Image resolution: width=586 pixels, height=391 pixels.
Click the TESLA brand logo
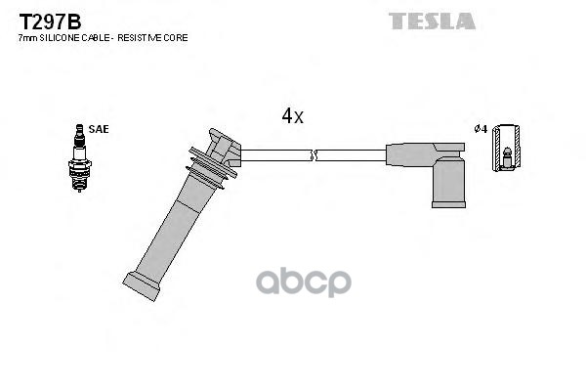pyautogui.click(x=432, y=21)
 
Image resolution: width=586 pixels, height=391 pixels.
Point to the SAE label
pyautogui.click(x=99, y=129)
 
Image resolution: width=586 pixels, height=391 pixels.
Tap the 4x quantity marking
pyautogui.click(x=292, y=116)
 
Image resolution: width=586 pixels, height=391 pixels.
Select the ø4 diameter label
pyautogui.click(x=480, y=129)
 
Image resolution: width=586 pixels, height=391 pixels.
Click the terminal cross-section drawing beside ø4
pyautogui.click(x=506, y=148)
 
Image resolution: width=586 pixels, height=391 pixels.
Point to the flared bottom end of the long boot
pyautogui.click(x=142, y=284)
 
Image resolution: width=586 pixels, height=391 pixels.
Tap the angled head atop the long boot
pyautogui.click(x=225, y=147)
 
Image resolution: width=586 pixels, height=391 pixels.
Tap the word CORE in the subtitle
pyautogui.click(x=176, y=37)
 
